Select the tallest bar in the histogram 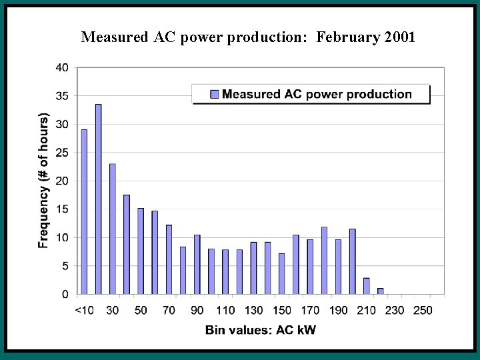98,199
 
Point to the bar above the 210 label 367,286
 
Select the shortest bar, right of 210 381,291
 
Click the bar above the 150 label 282,274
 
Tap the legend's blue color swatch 214,94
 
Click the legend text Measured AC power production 317,94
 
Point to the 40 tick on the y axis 61,67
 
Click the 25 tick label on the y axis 61,153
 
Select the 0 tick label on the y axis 65,294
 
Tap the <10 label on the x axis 84,310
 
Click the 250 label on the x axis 423,310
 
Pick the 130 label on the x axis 253,310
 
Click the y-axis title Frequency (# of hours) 44,181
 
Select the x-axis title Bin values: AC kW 261,330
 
